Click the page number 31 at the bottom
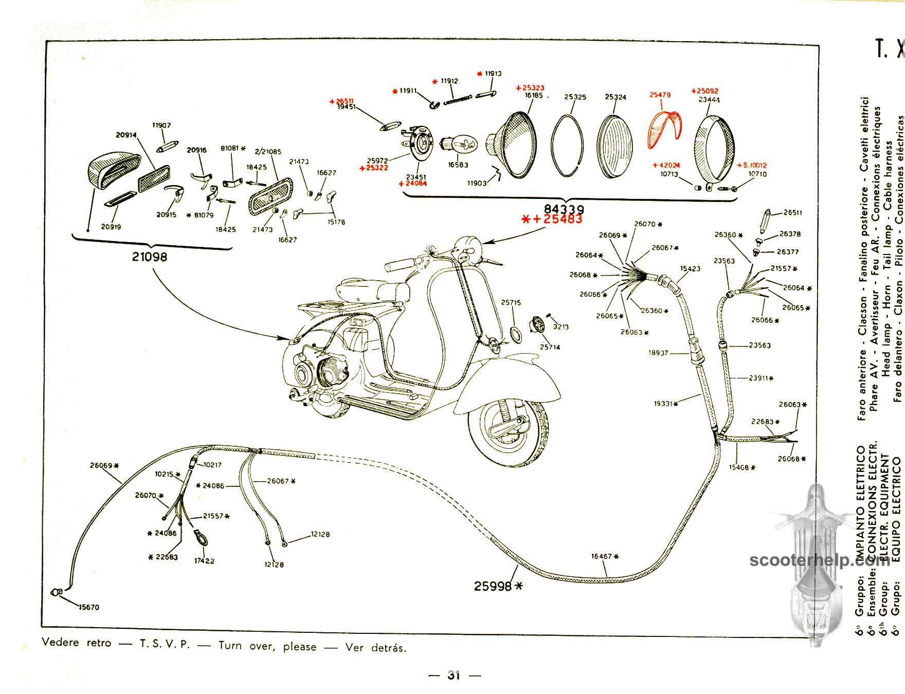coord(454,675)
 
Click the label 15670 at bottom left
coord(88,607)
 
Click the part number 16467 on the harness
coord(602,556)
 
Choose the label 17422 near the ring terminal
coord(204,561)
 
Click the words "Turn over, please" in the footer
coord(267,646)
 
